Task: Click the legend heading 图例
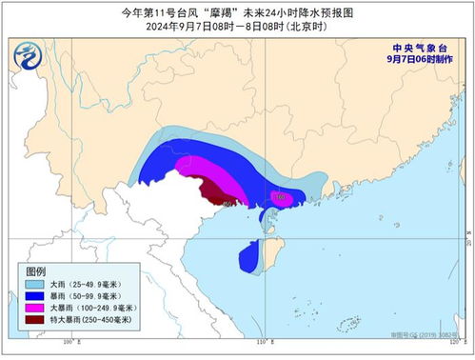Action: click(x=36, y=271)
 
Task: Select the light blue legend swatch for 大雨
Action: click(x=35, y=286)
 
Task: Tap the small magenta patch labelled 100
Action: click(x=284, y=198)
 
